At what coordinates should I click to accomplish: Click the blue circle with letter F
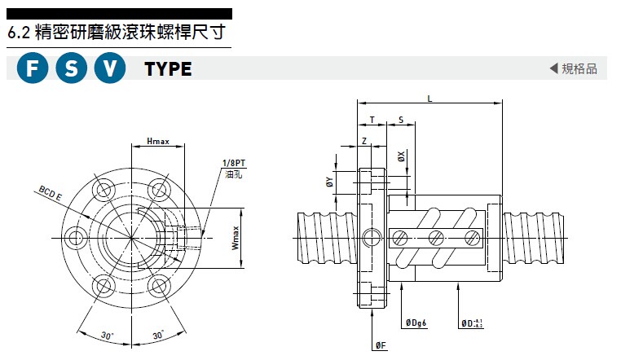(33, 69)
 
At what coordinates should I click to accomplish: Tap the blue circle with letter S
(72, 69)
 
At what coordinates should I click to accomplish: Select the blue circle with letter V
(110, 69)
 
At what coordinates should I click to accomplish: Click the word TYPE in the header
(168, 69)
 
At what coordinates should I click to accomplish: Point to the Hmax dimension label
(157, 141)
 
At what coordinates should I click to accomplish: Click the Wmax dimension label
(235, 237)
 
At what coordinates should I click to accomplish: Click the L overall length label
(429, 99)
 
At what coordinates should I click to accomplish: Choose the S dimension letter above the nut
(401, 120)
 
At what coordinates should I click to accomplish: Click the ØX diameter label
(401, 156)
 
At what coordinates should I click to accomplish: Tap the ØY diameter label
(329, 182)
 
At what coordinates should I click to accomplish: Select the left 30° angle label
(106, 335)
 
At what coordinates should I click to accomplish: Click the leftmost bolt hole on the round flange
(77, 237)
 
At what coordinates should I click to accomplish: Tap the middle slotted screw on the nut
(434, 237)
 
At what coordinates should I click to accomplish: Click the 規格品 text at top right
(579, 68)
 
